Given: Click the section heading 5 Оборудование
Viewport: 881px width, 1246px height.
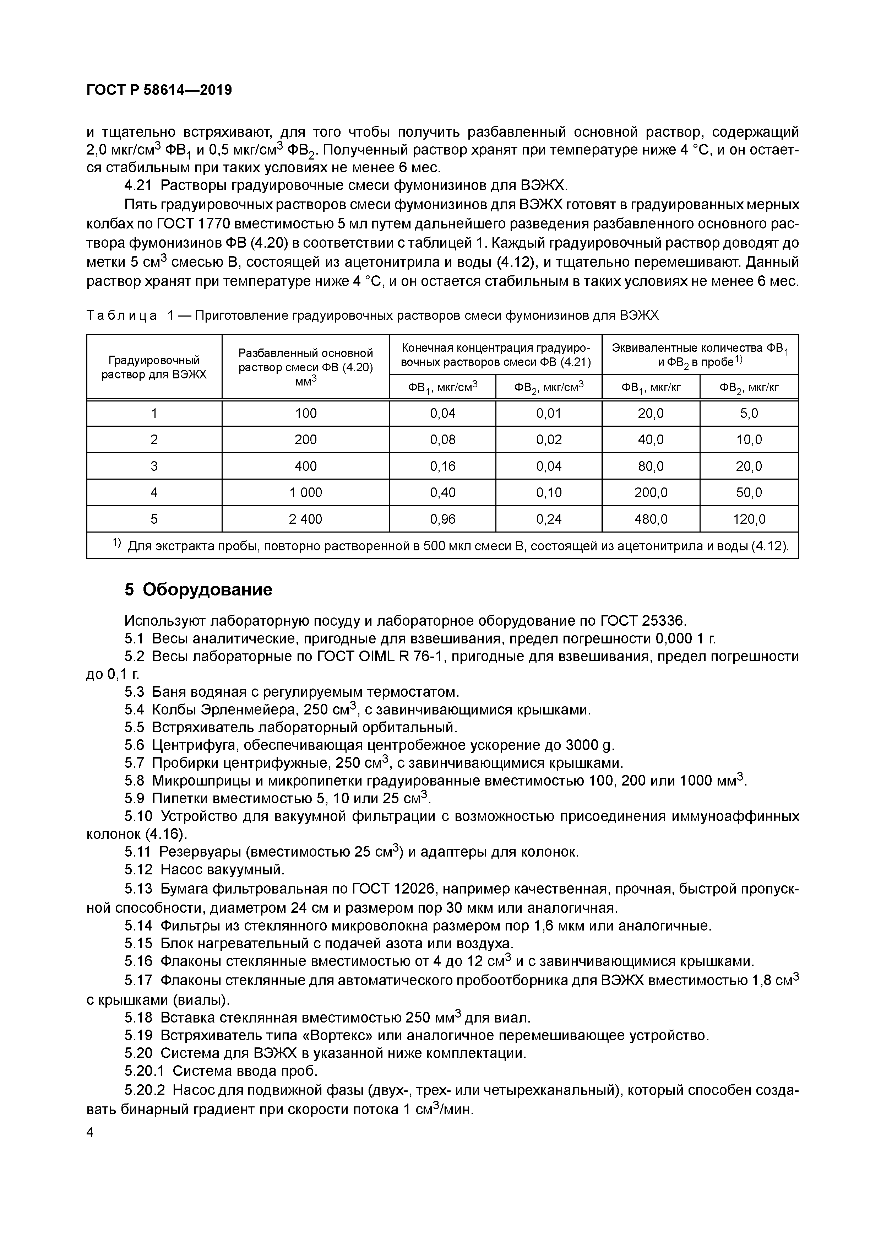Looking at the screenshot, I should coord(198,589).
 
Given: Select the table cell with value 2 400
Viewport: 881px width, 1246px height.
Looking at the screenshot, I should coord(305,519).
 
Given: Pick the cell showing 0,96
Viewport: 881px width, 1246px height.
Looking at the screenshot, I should coord(443,519).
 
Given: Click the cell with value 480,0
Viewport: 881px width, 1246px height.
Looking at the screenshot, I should coord(651,519).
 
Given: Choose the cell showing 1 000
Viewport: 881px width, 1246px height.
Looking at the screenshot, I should coord(305,493).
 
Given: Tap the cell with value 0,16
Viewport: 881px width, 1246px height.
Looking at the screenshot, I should coord(443,466).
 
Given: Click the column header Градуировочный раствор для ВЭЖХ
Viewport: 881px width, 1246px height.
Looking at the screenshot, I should coord(154,367).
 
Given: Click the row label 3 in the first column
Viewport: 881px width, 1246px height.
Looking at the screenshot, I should coord(154,466).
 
